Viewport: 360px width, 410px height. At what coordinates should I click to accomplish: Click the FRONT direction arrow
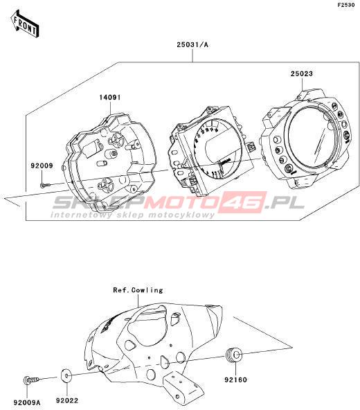tap(24, 24)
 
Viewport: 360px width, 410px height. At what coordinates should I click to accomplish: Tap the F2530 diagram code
tap(346, 5)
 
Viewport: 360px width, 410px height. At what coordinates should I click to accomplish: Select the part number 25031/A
tap(192, 45)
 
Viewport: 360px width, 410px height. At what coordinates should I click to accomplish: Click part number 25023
tap(302, 73)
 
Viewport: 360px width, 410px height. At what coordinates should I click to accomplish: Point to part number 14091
tap(110, 98)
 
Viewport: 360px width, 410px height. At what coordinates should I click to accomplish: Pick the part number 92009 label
tap(42, 166)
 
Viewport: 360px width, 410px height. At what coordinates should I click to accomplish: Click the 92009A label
tap(27, 402)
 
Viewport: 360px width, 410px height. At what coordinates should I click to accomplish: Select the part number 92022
tap(67, 400)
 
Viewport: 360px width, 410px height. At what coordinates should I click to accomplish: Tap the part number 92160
tap(235, 380)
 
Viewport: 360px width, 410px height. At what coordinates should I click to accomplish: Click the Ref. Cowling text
tap(138, 290)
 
